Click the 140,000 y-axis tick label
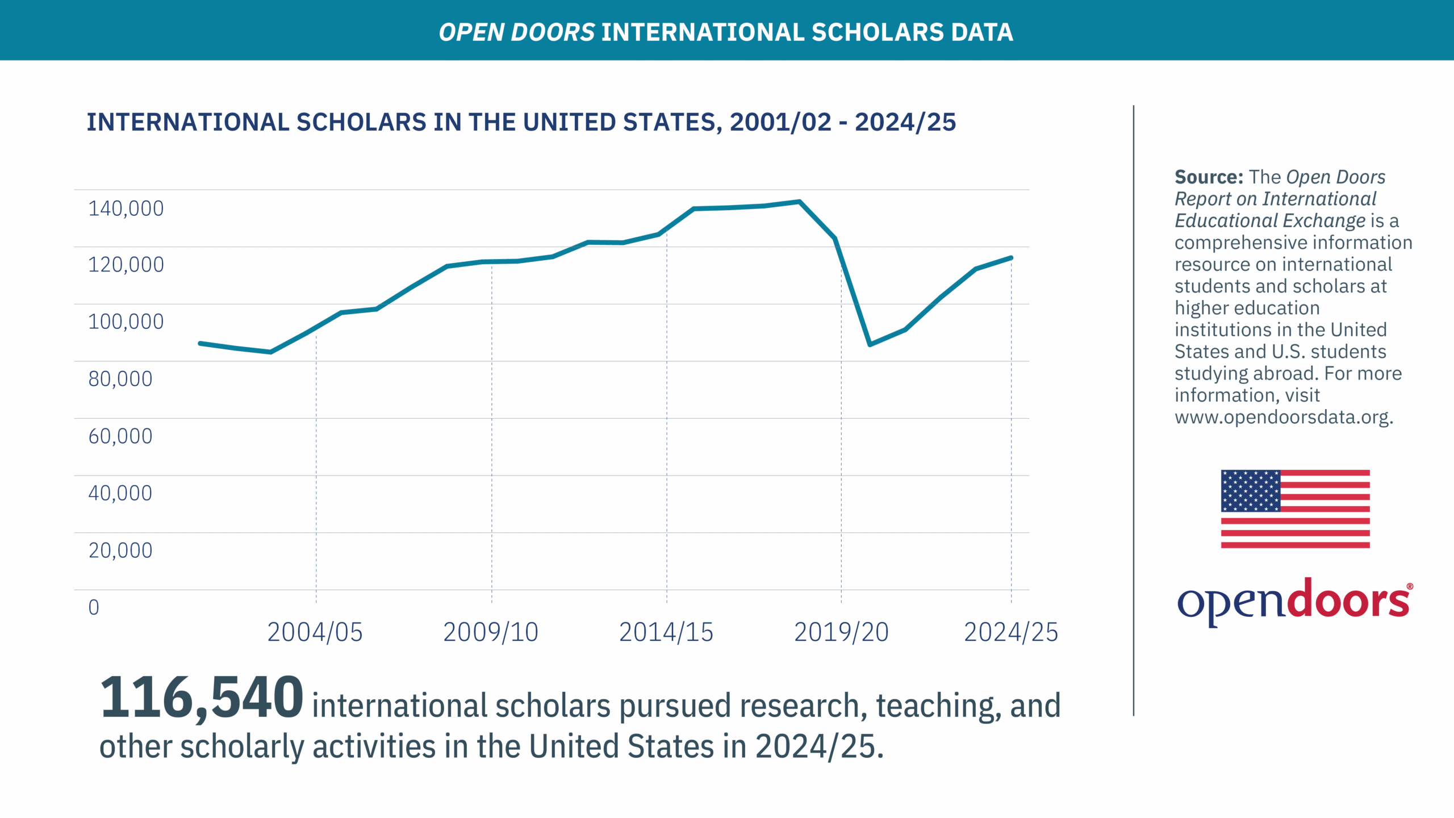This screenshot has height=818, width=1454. coord(126,208)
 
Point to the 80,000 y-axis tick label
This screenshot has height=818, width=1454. coord(120,379)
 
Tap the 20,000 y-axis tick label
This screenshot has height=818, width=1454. coord(120,550)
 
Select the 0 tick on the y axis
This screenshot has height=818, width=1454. coord(94,607)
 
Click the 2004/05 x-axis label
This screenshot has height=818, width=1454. coord(315,632)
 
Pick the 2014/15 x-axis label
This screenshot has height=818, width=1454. coord(666,632)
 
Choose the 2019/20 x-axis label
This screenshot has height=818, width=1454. coord(841,632)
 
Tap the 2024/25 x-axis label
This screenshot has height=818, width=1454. coord(1011,632)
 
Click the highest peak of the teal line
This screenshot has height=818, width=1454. coord(799,202)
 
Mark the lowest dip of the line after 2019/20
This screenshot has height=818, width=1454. coord(870,344)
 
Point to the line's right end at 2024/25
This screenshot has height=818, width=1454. coord(1011,258)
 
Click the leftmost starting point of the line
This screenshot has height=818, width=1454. coord(200,343)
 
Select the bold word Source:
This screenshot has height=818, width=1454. coord(1209,177)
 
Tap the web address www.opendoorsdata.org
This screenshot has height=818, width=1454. coord(1284,418)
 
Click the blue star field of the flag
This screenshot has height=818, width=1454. coord(1251,491)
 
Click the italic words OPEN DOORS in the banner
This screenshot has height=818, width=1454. coord(516,32)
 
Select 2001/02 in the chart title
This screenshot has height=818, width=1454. coord(780,123)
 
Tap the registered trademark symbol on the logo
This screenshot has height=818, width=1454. coord(1410,586)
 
